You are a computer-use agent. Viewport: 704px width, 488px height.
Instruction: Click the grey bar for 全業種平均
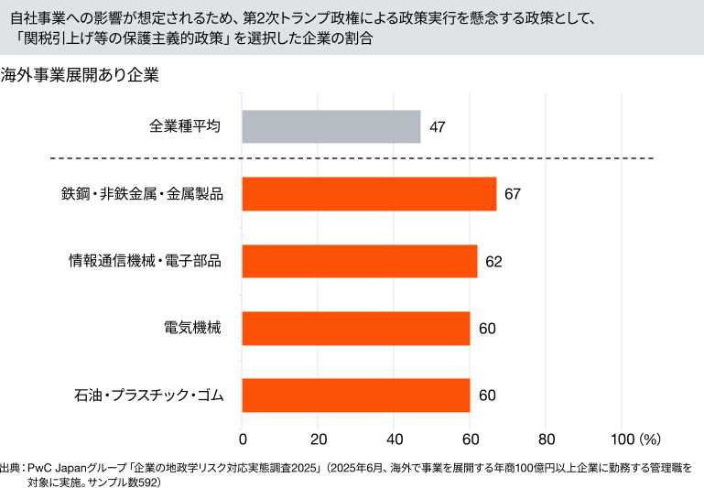point(330,126)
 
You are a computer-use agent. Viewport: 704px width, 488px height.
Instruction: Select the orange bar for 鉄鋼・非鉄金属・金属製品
point(369,194)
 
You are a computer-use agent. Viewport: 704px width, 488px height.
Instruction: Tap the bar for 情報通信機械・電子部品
point(359,261)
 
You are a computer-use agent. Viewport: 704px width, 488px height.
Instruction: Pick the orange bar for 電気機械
point(355,328)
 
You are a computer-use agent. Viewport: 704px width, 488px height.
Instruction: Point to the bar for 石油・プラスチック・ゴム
point(355,396)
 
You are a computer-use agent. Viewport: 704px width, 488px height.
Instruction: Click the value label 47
point(437,126)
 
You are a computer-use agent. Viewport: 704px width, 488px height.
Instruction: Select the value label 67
point(512,194)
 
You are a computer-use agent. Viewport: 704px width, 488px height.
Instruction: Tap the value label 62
point(493,261)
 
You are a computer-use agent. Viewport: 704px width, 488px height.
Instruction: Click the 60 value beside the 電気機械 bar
point(486,328)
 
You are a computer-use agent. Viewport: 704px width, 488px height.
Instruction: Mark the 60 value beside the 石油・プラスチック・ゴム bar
point(486,396)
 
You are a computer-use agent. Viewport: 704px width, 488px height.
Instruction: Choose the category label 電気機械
point(192,328)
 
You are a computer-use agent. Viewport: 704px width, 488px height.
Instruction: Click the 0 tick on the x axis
point(243,438)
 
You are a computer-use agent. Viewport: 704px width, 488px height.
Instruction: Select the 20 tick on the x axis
point(319,438)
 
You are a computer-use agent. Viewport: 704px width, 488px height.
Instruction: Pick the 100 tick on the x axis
point(620,438)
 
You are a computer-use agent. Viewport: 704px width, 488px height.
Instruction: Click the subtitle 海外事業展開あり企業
point(81,76)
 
